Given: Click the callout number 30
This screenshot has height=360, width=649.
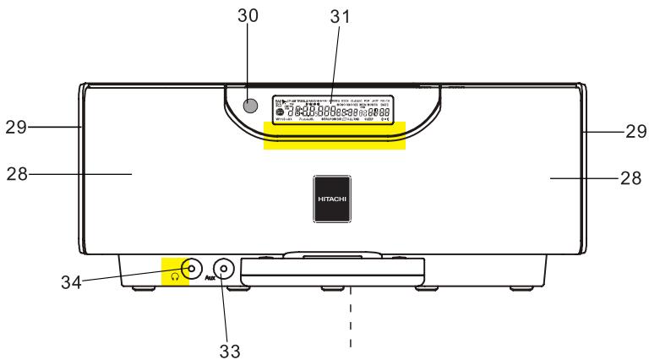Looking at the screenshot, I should [x=248, y=16].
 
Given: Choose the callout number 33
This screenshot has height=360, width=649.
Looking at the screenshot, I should [x=230, y=348].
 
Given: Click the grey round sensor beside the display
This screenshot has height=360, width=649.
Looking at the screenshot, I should [x=248, y=106].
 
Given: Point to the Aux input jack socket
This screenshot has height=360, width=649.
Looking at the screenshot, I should [x=222, y=270].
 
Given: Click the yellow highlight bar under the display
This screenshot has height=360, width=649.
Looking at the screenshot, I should [x=335, y=136].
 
